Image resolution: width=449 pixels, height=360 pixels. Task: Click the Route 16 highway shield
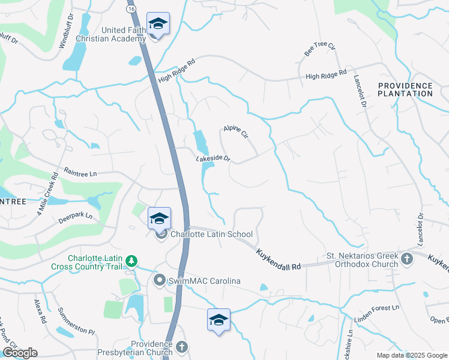coord(131,10)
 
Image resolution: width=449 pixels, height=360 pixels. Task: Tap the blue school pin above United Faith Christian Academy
coord(158,23)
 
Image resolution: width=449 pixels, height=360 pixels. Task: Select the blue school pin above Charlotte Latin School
coord(159,218)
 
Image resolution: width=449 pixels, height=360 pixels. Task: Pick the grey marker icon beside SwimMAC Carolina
coord(160,280)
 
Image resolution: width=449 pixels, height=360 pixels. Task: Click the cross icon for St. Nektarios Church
coord(407,259)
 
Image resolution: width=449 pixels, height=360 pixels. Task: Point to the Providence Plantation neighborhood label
coord(405,90)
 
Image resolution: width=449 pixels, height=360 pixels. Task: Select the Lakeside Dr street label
coord(213,159)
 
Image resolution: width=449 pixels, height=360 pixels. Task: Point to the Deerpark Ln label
coord(76,216)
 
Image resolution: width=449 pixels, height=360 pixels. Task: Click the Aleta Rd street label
coord(40,311)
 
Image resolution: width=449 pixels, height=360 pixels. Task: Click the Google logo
coord(19,353)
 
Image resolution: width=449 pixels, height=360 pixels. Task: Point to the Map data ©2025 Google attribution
coord(411,355)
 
